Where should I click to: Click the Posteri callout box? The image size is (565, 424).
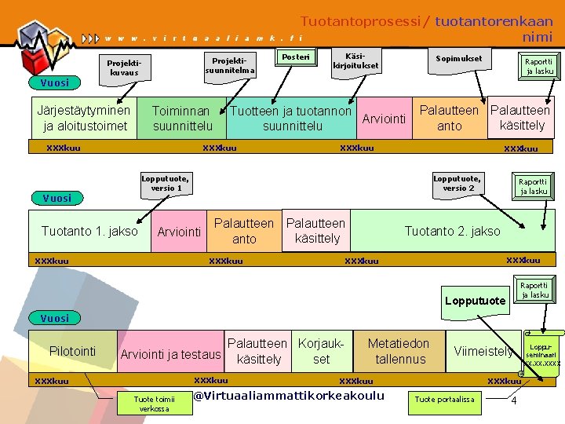click(296, 57)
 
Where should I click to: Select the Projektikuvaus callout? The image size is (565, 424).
click(124, 68)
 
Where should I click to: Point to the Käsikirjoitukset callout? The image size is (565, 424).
click(355, 61)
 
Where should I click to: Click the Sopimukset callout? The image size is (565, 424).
click(459, 59)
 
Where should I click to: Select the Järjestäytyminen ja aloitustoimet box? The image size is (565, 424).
click(84, 118)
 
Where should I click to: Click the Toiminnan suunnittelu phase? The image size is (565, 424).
click(181, 119)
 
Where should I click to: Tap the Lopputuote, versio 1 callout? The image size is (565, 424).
click(166, 184)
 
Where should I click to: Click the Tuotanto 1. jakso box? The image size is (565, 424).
click(89, 231)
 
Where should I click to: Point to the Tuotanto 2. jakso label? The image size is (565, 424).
click(451, 231)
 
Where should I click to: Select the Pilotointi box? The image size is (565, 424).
click(72, 351)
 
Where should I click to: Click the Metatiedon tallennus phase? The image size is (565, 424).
click(399, 351)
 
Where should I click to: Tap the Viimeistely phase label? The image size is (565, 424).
click(483, 351)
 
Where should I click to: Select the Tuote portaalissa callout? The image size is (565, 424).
click(444, 400)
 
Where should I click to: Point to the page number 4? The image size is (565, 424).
click(513, 402)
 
